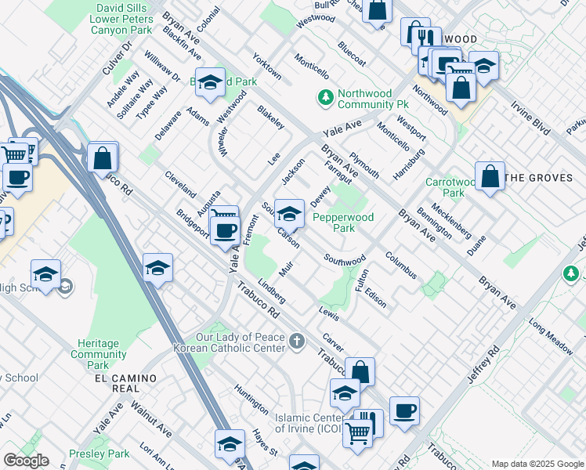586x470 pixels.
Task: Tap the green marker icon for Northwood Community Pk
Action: tap(325, 98)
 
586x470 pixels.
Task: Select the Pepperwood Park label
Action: tap(342, 222)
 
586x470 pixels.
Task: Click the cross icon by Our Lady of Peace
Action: tap(296, 341)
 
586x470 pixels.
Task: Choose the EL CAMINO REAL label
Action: tap(125, 378)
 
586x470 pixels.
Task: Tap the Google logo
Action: tap(26, 461)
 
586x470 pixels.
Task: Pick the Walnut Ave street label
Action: tap(151, 418)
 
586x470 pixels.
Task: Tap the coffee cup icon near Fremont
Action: tap(226, 230)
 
